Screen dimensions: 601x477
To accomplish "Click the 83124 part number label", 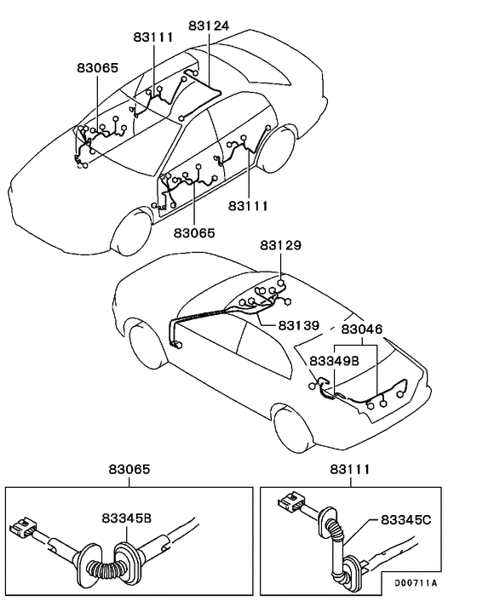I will click(x=209, y=26).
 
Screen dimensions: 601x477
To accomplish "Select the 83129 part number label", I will click(x=280, y=245).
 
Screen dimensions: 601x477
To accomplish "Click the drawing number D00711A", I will click(x=415, y=583).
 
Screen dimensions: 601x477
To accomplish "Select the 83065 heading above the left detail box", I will click(x=129, y=470).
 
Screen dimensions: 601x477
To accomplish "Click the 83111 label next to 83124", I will click(x=153, y=38).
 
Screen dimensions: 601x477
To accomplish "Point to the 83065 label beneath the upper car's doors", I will click(x=194, y=232).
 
